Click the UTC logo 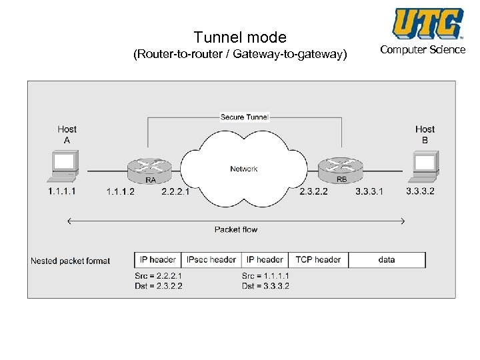tap(427, 24)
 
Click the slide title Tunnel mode tap(239, 37)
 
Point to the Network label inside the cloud tap(244, 169)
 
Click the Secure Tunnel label tap(244, 117)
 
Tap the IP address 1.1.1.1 tap(62, 191)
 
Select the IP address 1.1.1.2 tap(120, 191)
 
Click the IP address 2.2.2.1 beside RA tap(175, 191)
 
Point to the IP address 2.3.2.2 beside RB tap(313, 191)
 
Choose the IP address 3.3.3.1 tap(369, 191)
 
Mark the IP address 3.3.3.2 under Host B tap(420, 191)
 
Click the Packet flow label tap(236, 229)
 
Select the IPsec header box tap(211, 259)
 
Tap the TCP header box tap(318, 259)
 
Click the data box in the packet tap(387, 259)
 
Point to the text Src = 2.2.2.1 tap(158, 275)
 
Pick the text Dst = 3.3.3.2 tap(265, 286)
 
